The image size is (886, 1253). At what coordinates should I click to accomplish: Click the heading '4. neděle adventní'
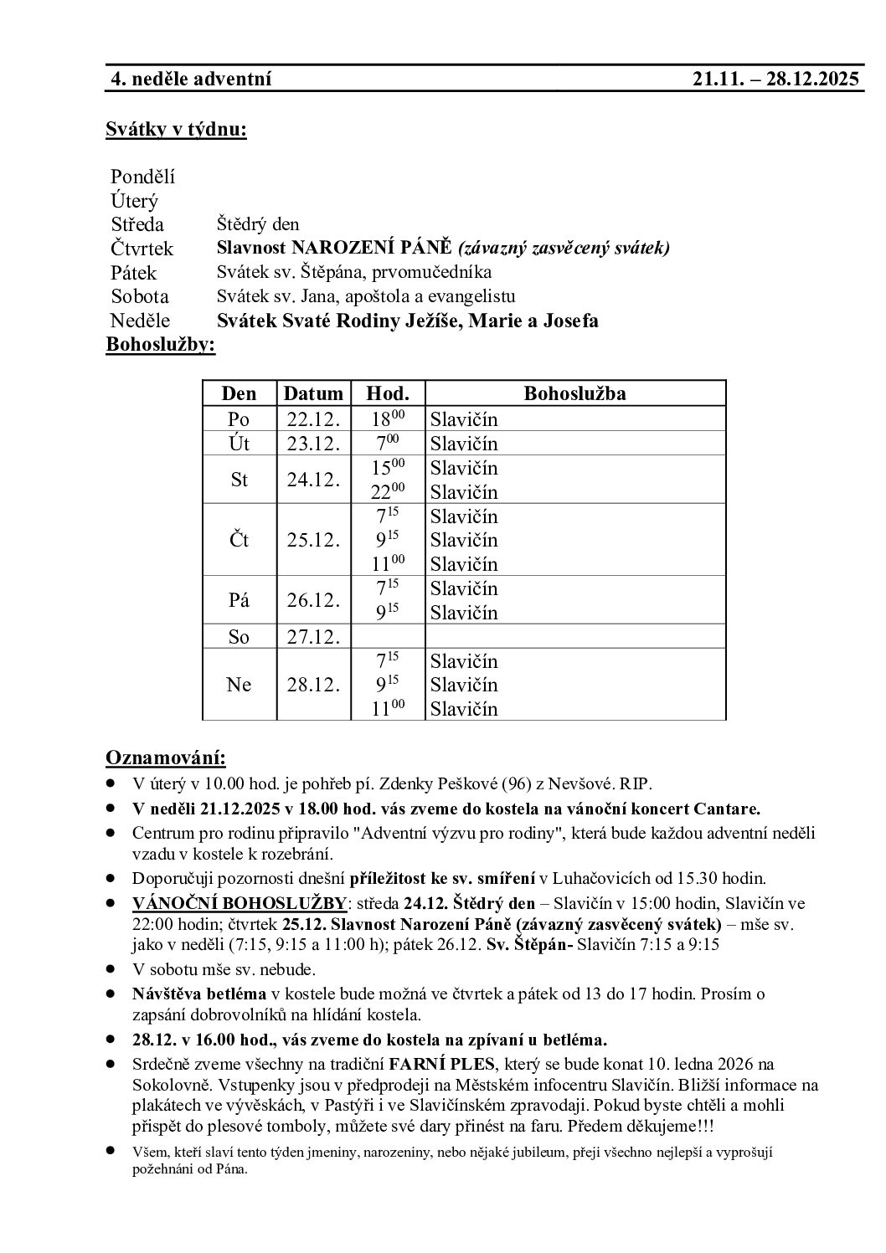click(192, 80)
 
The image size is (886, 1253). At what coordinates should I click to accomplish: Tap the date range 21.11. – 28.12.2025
click(775, 80)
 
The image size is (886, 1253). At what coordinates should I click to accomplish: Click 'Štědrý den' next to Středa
click(258, 224)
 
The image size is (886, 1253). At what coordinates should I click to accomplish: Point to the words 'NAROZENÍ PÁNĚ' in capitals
click(372, 249)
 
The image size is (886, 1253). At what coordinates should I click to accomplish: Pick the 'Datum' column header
click(313, 393)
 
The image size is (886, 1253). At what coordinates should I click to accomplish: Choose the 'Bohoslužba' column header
click(574, 393)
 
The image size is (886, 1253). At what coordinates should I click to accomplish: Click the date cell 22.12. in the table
click(313, 419)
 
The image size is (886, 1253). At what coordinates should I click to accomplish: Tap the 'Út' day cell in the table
click(240, 444)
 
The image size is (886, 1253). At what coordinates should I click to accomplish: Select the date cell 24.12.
click(313, 480)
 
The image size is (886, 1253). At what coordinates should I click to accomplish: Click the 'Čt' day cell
click(240, 540)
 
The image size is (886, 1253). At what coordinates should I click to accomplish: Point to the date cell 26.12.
click(313, 600)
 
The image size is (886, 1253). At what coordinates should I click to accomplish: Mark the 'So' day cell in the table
click(240, 637)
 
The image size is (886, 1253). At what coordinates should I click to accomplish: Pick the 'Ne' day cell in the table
click(240, 685)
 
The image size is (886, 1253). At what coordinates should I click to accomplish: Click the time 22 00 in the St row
click(388, 491)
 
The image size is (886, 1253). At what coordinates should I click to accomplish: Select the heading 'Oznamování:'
click(166, 758)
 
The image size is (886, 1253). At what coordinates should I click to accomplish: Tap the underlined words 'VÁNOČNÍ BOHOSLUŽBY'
click(240, 904)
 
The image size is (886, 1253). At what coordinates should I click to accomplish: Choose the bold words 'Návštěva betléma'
click(199, 994)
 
